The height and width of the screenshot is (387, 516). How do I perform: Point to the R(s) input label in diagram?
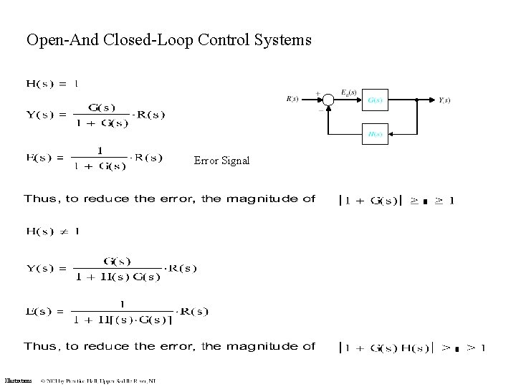pos(292,100)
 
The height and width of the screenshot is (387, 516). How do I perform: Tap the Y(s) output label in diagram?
pos(444,100)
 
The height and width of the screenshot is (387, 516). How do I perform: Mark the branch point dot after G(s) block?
pos(416,100)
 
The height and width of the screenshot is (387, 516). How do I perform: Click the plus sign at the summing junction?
pos(317,93)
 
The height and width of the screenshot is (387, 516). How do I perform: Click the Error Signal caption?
pos(221,161)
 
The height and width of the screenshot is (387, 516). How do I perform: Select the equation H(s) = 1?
pos(52,84)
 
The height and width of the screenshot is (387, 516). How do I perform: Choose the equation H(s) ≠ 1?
pos(52,231)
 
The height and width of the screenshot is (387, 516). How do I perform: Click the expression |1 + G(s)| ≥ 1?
pos(396,200)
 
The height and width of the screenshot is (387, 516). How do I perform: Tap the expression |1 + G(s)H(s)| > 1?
pos(411,348)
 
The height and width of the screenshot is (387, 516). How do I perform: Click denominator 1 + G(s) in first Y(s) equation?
pos(102,123)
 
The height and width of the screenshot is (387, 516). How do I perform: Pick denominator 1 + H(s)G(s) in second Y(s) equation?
pos(118,277)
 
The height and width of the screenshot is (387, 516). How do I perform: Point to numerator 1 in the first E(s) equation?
pos(100,150)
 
